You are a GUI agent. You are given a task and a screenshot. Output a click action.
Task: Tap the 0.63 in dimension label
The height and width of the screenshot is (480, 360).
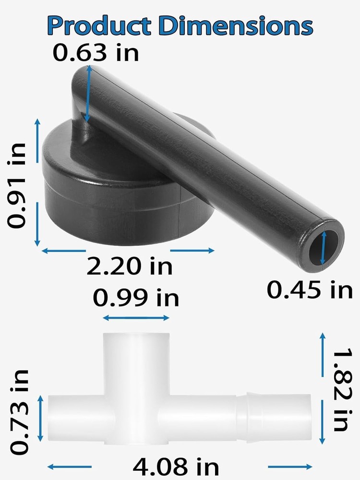coord(96,52)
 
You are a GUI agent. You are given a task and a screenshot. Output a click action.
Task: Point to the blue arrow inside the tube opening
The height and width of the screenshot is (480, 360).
coord(324,248)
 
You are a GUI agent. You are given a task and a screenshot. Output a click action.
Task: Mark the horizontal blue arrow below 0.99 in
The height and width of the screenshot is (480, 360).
coord(136,318)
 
